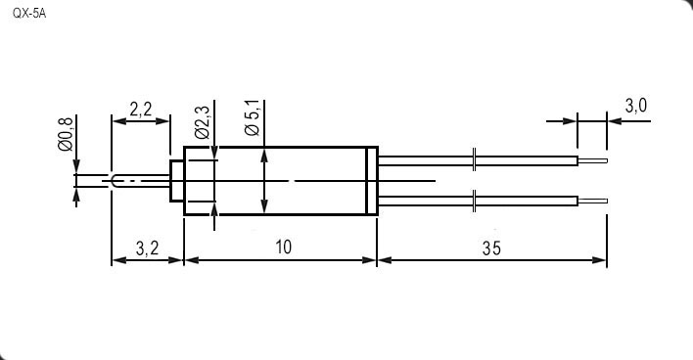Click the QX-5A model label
pyautogui.click(x=28, y=15)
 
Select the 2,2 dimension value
pyautogui.click(x=140, y=109)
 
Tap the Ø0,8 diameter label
pyautogui.click(x=66, y=134)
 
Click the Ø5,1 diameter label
pyautogui.click(x=251, y=116)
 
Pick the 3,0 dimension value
pyautogui.click(x=636, y=106)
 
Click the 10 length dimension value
pyautogui.click(x=283, y=247)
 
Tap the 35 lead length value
pyautogui.click(x=491, y=247)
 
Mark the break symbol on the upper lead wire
pyautogui.click(x=474, y=159)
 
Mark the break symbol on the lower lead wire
pyautogui.click(x=474, y=202)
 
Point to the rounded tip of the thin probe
pyautogui.click(x=115, y=181)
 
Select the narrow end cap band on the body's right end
pyautogui.click(x=372, y=181)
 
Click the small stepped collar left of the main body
pyautogui.click(x=177, y=181)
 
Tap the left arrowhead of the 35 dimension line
pyautogui.click(x=384, y=261)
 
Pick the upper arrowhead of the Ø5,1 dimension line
pyautogui.click(x=264, y=155)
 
